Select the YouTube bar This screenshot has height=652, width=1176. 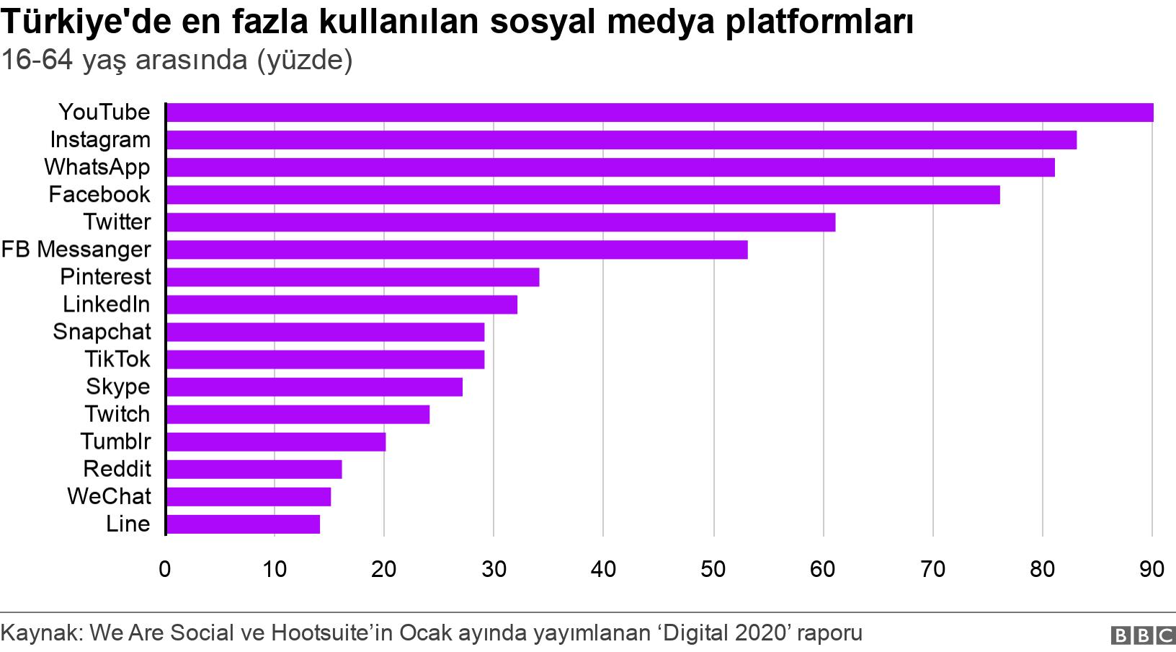point(659,113)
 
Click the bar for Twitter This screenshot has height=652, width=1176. point(500,222)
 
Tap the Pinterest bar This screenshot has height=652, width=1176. point(352,277)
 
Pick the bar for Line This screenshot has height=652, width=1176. point(243,524)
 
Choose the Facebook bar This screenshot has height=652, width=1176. point(582,195)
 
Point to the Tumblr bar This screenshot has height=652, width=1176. point(275,441)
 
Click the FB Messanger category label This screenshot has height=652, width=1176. point(76,250)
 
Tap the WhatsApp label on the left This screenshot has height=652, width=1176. point(97,167)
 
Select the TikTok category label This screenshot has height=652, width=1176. point(117,359)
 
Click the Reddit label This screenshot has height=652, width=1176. point(117,469)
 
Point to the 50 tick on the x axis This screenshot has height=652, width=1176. point(713,569)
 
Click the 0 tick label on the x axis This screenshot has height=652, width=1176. point(165,569)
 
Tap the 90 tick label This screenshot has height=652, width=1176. point(1151,569)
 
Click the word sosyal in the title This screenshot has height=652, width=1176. point(543,22)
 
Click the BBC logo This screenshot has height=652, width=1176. point(1143,635)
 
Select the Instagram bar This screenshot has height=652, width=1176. point(621,140)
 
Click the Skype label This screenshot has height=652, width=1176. point(118,387)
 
